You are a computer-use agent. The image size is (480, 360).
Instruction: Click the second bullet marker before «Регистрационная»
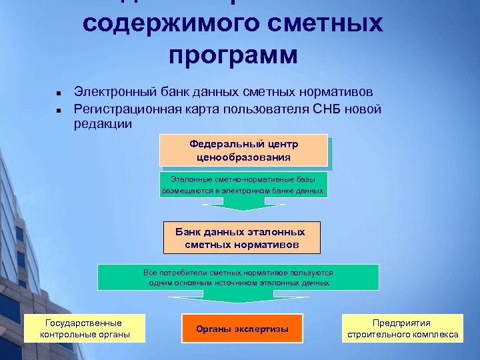[59, 109]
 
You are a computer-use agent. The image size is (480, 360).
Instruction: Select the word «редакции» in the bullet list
[103, 123]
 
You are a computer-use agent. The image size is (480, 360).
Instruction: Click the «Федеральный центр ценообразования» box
[243, 151]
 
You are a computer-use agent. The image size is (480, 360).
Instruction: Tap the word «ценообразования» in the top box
[243, 157]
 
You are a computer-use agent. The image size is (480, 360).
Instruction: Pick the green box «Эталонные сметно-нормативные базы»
[243, 185]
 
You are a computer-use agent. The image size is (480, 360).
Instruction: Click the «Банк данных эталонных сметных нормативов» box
[241, 238]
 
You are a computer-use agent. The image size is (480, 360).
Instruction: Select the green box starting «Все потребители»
[238, 277]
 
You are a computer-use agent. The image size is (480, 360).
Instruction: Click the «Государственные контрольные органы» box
[85, 328]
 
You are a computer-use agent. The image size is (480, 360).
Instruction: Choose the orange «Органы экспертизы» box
[242, 329]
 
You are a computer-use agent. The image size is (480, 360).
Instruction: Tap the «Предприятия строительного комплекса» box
[402, 328]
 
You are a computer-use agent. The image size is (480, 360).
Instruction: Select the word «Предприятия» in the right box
[402, 322]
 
